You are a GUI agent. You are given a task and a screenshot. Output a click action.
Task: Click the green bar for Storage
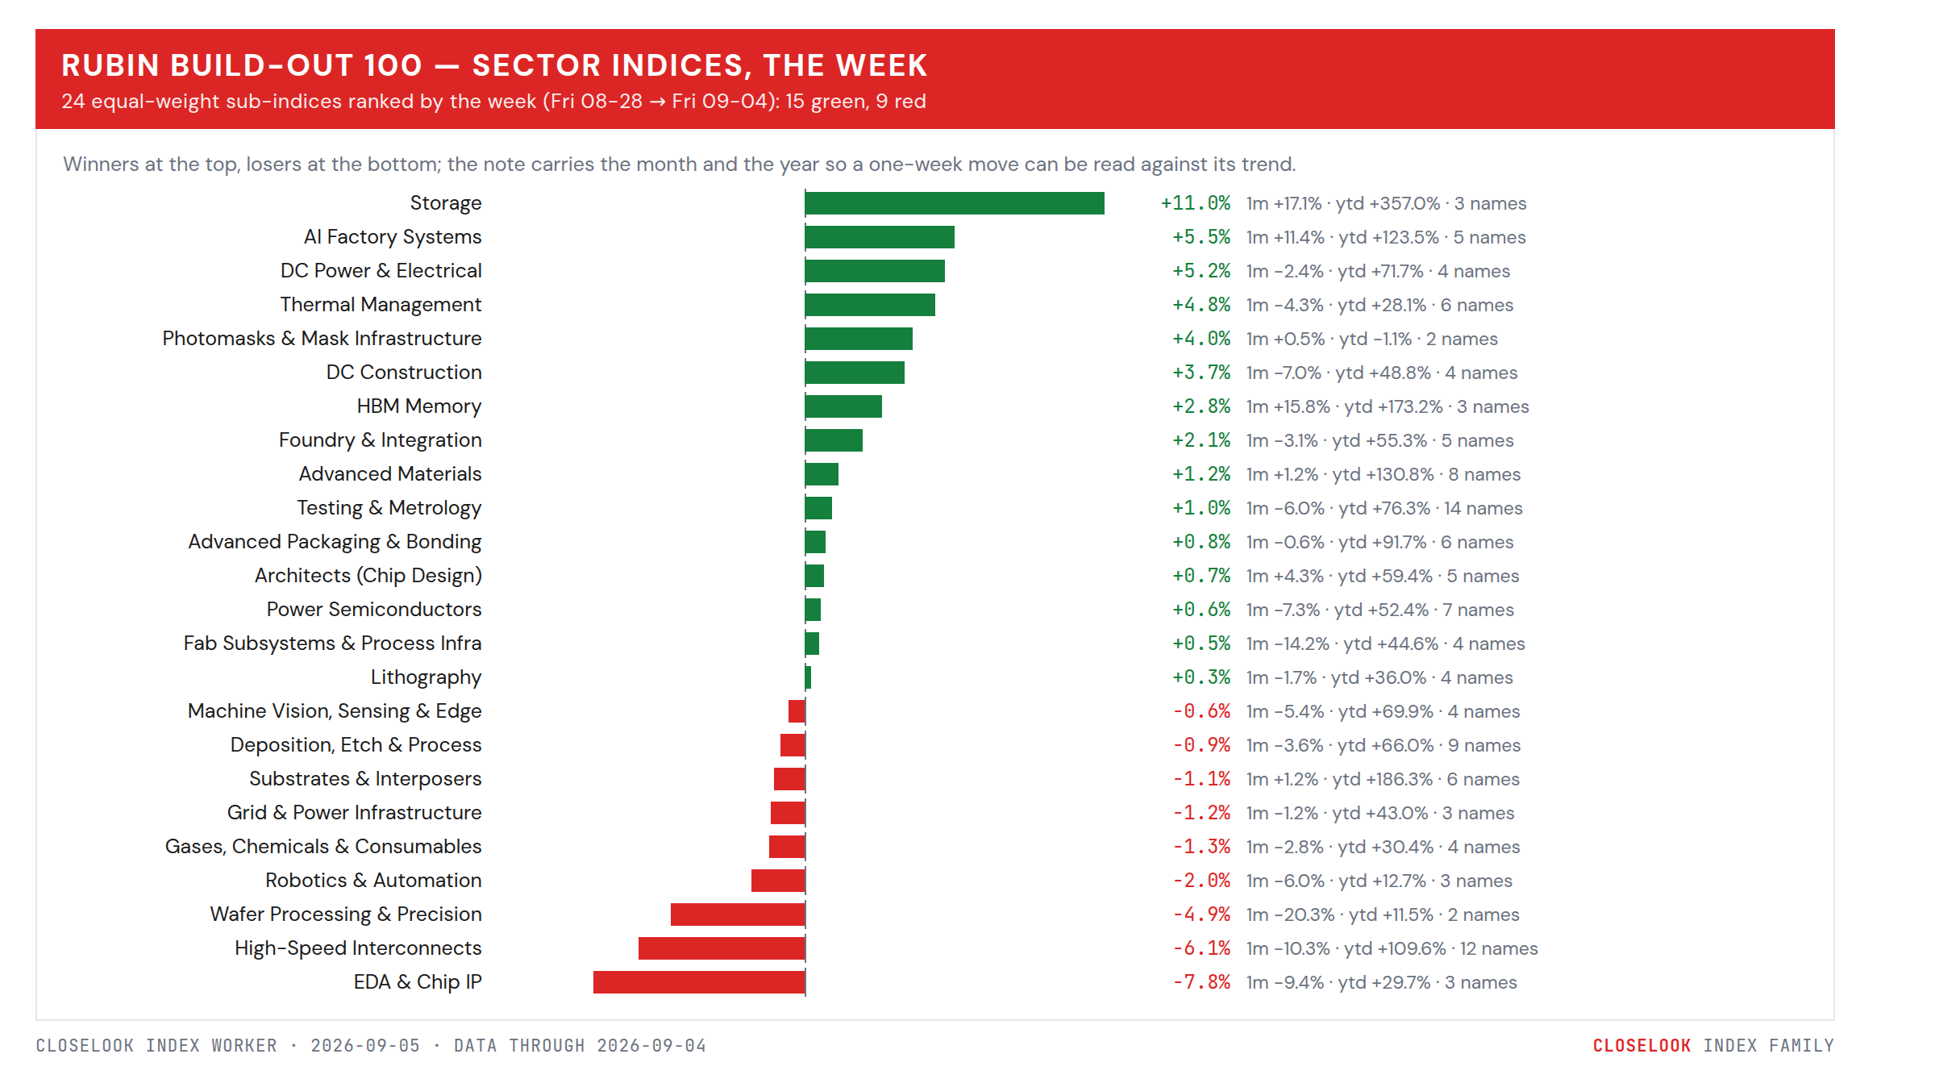[x=955, y=203]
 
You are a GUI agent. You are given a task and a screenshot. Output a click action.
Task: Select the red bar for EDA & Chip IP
[x=699, y=982]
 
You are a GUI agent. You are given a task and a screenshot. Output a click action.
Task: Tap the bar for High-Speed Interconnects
[x=722, y=948]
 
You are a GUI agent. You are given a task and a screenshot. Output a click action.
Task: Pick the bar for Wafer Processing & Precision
[x=738, y=914]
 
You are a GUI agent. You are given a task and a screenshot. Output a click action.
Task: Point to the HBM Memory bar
[x=843, y=406]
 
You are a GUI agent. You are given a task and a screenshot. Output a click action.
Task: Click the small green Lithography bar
[x=808, y=677]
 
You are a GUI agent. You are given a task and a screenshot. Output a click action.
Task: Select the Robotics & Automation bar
[x=778, y=881]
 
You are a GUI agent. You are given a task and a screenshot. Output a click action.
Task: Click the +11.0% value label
[x=1196, y=203]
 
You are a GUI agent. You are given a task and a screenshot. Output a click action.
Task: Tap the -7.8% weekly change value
[x=1201, y=982]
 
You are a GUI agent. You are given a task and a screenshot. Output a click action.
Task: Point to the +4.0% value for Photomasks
[x=1201, y=339]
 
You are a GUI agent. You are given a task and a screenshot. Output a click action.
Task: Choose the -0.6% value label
[x=1201, y=711]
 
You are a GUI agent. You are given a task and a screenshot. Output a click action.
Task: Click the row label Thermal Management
[x=381, y=305]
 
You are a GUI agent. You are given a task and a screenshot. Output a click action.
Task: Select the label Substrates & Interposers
[x=365, y=779]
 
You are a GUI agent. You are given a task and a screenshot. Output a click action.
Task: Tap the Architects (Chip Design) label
[x=368, y=576]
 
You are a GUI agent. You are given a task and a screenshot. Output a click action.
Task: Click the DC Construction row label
[x=404, y=373]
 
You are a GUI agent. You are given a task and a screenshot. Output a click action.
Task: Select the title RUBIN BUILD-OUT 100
[x=242, y=65]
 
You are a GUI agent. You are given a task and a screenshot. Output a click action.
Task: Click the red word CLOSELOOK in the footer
[x=1642, y=1046]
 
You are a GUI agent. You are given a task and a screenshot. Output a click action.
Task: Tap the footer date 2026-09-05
[x=365, y=1046]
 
